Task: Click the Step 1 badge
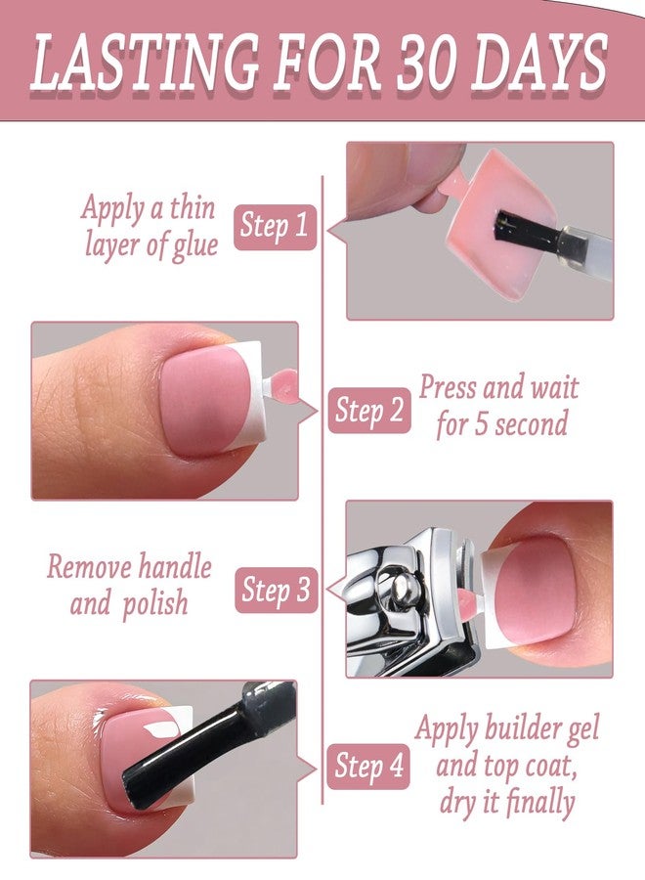click(275, 227)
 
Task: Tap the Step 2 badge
click(369, 411)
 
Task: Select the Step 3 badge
click(276, 590)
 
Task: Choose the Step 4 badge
click(368, 766)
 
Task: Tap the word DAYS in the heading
click(540, 62)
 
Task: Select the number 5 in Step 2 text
click(481, 423)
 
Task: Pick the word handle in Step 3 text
click(175, 566)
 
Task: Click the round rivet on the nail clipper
click(403, 588)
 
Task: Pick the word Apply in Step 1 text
click(112, 208)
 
